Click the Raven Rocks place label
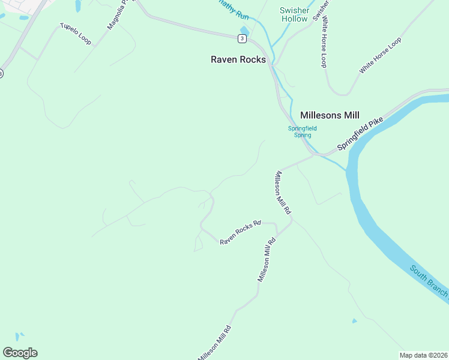tap(238, 59)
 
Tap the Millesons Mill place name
tap(329, 115)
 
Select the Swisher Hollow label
tap(294, 14)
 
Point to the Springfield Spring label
tap(302, 131)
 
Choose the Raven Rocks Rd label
tap(240, 232)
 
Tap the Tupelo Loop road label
tap(75, 34)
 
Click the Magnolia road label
tap(118, 16)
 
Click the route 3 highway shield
tap(241, 38)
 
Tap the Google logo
tap(20, 353)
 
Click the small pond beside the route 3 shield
tap(244, 31)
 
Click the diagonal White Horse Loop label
tap(379, 55)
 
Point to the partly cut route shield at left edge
tap(1, 73)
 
